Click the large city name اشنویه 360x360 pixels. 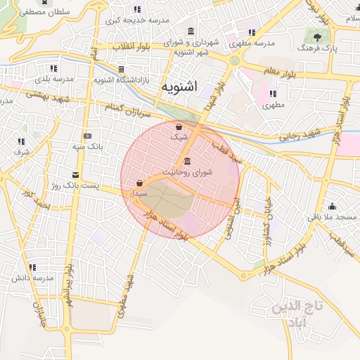point(179,87)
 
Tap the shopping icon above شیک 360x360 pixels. point(179,127)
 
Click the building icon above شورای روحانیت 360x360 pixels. point(186,162)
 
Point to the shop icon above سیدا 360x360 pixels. point(140,182)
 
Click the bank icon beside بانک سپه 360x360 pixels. point(87,136)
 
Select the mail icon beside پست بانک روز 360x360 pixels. point(75,174)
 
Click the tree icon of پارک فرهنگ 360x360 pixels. point(318,37)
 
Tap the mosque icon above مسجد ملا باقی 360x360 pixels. point(332,206)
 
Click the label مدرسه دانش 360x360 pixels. point(32,278)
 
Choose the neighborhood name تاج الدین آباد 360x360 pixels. point(299,314)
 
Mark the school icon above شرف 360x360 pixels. point(20,141)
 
